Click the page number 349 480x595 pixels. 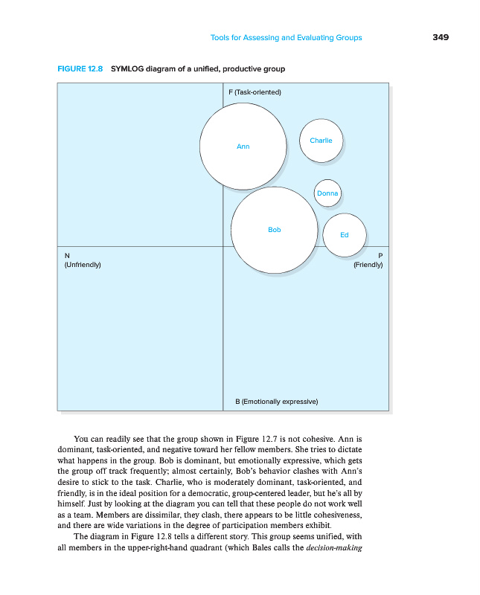pos(441,38)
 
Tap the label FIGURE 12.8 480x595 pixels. pos(81,69)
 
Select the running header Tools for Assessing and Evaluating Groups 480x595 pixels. pos(287,38)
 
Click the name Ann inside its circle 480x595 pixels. pos(243,147)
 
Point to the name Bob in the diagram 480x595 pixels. pos(275,231)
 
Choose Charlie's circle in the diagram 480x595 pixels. pos(321,141)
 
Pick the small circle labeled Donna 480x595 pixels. pos(327,193)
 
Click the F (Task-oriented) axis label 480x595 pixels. pos(254,92)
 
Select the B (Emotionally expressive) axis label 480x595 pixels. pos(277,402)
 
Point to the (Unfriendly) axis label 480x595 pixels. pos(83,265)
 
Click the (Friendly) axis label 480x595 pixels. pos(368,265)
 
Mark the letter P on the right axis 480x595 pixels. pos(380,256)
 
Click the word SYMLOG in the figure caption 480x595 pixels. pos(127,69)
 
